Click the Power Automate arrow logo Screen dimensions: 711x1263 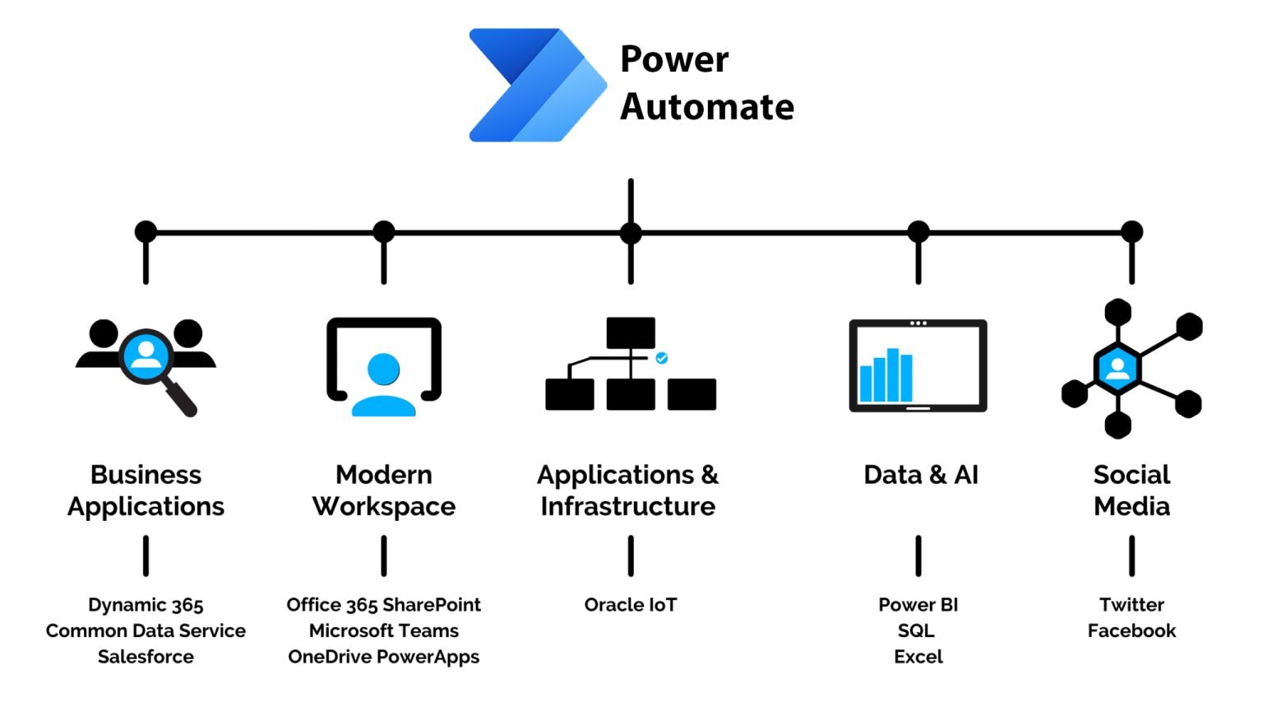534,86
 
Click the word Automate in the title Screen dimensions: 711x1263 707,107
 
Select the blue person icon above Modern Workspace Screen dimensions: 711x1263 384,383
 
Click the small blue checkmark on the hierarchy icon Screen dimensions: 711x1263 662,358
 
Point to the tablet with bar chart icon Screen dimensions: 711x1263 918,365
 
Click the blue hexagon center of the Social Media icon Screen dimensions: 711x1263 1117,368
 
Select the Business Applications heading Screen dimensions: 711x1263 146,490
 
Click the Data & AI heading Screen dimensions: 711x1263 921,475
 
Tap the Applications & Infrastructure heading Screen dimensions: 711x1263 628,490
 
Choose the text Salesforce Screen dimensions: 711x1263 146,657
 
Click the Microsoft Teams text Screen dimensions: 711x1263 384,630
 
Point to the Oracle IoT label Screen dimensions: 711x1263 631,605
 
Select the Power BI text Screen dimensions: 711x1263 918,605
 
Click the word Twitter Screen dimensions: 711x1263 1131,605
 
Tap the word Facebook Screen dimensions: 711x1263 1131,630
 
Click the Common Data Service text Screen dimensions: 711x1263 146,630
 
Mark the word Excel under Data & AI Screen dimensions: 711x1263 918,657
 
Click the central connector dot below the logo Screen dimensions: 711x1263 631,233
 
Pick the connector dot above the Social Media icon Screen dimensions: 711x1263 1132,232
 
